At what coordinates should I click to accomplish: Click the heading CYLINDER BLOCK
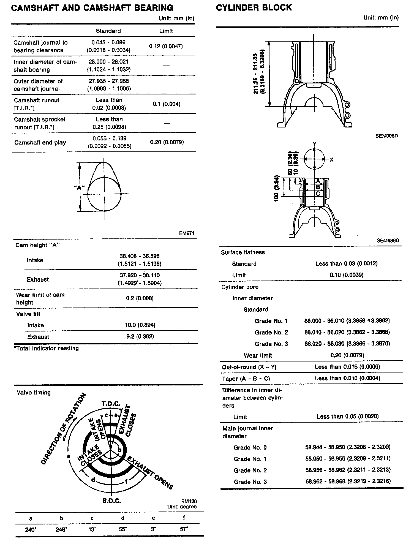(254, 7)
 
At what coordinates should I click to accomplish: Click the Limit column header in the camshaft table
(166, 31)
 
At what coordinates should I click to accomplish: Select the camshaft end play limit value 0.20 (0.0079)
(167, 142)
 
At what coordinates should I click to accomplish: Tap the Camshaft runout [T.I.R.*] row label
(37, 104)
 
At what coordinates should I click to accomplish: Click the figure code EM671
(187, 233)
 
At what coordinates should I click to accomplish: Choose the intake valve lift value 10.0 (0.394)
(140, 325)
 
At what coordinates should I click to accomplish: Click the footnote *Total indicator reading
(46, 348)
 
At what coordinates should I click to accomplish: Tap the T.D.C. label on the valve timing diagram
(111, 404)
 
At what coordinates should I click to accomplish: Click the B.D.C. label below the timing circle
(112, 501)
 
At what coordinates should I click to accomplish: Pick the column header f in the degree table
(184, 518)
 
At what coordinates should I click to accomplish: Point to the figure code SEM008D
(386, 136)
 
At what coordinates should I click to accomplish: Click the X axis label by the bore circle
(332, 159)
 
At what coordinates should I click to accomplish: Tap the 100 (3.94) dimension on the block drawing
(277, 189)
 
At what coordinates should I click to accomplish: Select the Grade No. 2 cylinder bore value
(347, 332)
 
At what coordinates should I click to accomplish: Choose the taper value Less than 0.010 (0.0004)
(347, 378)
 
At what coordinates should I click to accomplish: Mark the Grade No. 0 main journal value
(348, 447)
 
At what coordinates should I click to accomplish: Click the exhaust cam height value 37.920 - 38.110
(140, 275)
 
